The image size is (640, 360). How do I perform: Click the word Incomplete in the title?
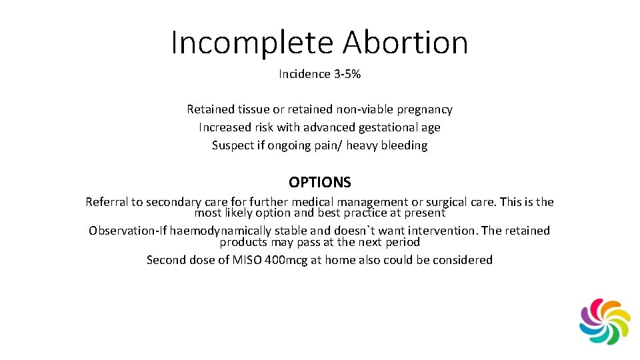coord(253,43)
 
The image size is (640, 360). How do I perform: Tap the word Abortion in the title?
coord(405,43)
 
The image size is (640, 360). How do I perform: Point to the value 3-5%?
coord(347,74)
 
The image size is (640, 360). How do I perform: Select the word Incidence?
coord(303,74)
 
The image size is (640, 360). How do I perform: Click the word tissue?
coord(251,109)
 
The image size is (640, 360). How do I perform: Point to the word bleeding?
coord(404,145)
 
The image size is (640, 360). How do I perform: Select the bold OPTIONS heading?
coord(320,182)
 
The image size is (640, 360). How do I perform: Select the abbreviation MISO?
coord(245,260)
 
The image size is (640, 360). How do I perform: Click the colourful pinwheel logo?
coord(605,321)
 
